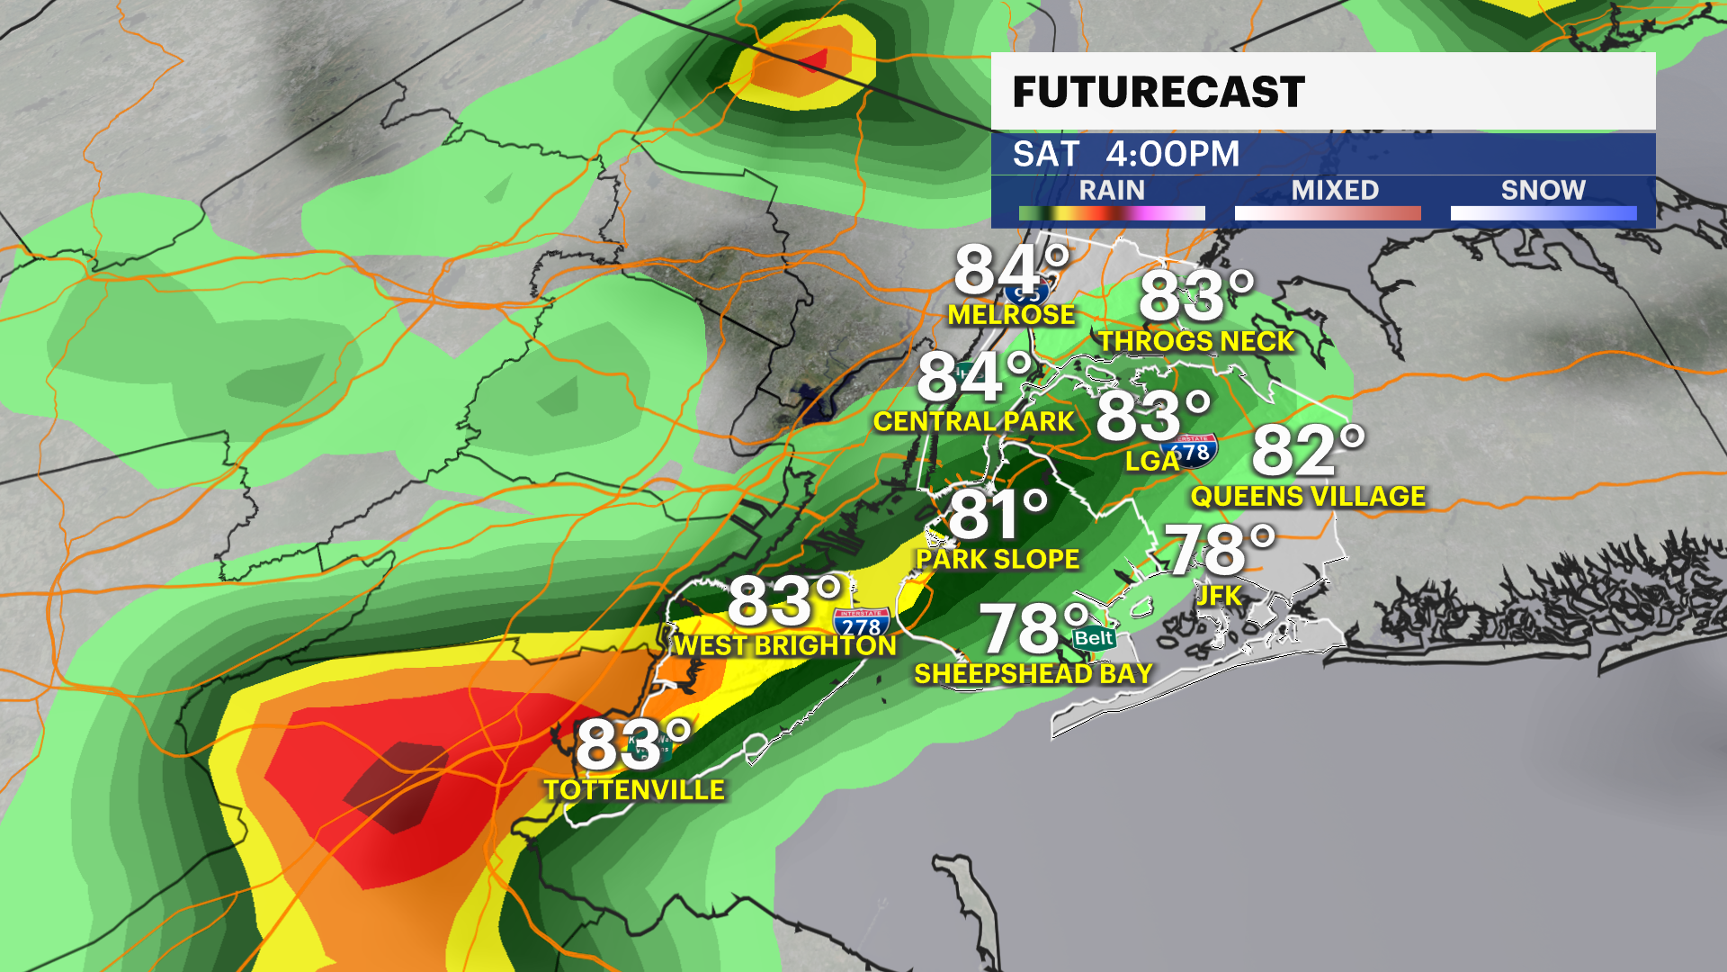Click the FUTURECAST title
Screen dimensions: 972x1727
pyautogui.click(x=1159, y=92)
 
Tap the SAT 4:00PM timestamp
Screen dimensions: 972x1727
pyautogui.click(x=1126, y=154)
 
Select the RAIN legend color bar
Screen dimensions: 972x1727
pyautogui.click(x=1112, y=213)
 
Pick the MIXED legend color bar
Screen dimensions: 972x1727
pyautogui.click(x=1328, y=213)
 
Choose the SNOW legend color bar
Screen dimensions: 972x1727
pyautogui.click(x=1544, y=213)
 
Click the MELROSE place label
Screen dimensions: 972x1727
pyautogui.click(x=1011, y=315)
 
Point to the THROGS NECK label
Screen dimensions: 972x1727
pyautogui.click(x=1196, y=342)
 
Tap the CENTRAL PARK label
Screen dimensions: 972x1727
pyautogui.click(x=973, y=422)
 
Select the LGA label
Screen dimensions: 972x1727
pyautogui.click(x=1151, y=462)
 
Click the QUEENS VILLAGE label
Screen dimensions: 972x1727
pyautogui.click(x=1308, y=497)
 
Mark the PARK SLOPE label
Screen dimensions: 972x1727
pyautogui.click(x=998, y=560)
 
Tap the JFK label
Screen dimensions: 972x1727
pyautogui.click(x=1219, y=596)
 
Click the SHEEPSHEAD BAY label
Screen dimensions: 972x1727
pyautogui.click(x=1034, y=674)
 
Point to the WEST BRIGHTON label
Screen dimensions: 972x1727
pyautogui.click(x=785, y=646)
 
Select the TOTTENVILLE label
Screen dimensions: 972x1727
pyautogui.click(x=634, y=790)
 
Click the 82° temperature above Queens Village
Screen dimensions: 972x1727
pyautogui.click(x=1308, y=451)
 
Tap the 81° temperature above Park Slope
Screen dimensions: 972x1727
pyautogui.click(x=998, y=515)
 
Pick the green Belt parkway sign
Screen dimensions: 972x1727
pyautogui.click(x=1094, y=639)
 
